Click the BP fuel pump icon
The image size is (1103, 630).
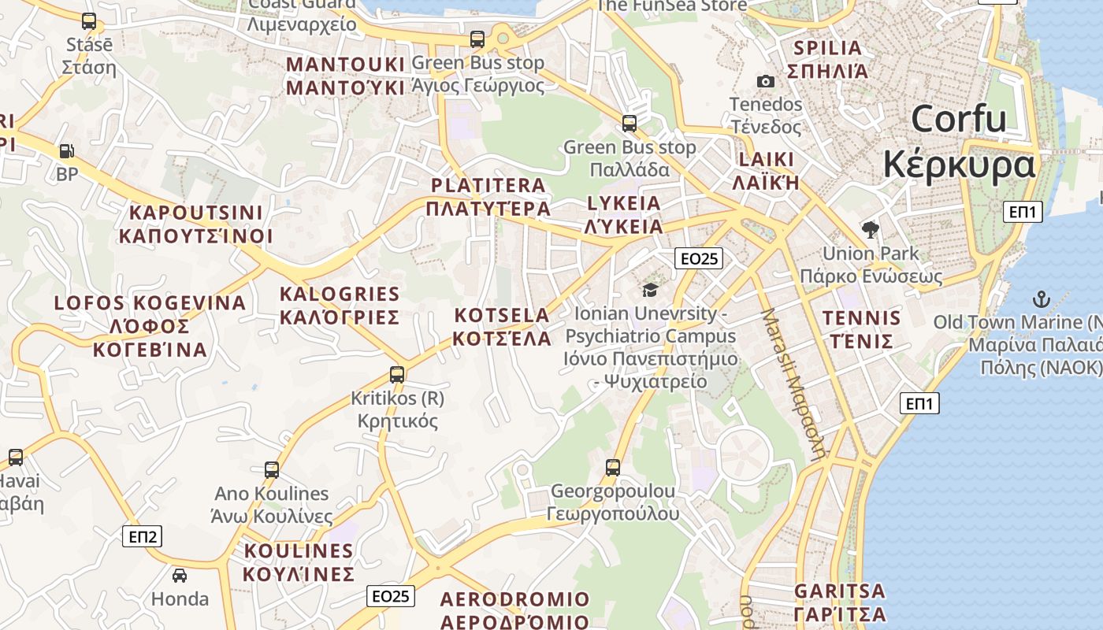pyautogui.click(x=68, y=150)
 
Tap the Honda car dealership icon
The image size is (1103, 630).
pyautogui.click(x=180, y=576)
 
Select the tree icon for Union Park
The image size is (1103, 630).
pyautogui.click(x=871, y=230)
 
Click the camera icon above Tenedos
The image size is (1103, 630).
pyautogui.click(x=765, y=81)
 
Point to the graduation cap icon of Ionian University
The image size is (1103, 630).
pyautogui.click(x=650, y=290)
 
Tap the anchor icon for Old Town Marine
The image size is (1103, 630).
pyautogui.click(x=1042, y=299)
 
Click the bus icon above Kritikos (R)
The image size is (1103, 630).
pyautogui.click(x=397, y=375)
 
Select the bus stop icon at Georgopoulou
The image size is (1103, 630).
pyautogui.click(x=613, y=468)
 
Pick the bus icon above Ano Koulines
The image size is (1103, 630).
pyautogui.click(x=272, y=470)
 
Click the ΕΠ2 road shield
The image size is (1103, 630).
pyautogui.click(x=143, y=537)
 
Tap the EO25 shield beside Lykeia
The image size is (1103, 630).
pyautogui.click(x=699, y=258)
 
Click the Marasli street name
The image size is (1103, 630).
pyautogui.click(x=793, y=383)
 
